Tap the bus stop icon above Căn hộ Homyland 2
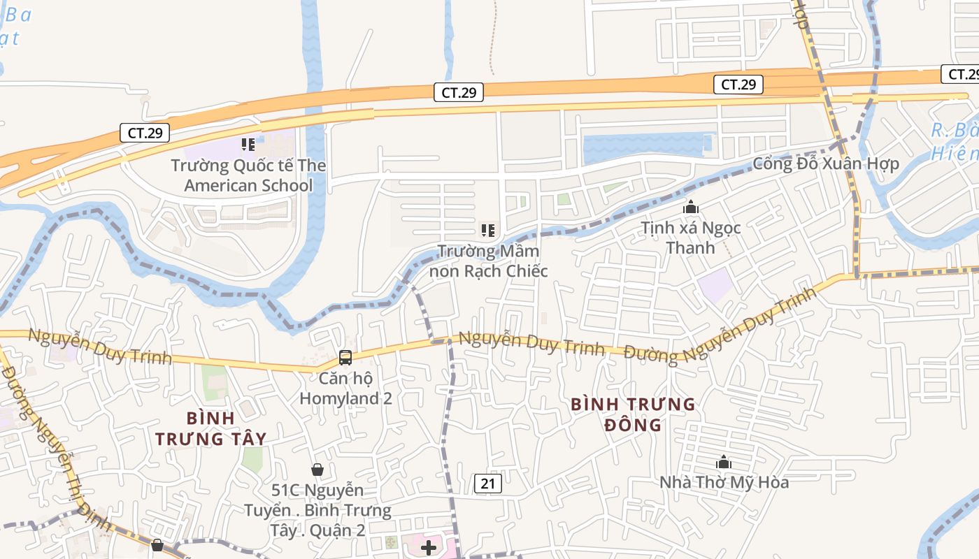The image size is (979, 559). [345, 357]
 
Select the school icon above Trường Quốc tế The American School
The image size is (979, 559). [248, 145]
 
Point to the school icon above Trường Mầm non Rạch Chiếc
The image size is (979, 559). [487, 230]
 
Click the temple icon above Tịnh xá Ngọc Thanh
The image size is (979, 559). [691, 207]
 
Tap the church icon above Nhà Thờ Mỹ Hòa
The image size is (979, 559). [724, 462]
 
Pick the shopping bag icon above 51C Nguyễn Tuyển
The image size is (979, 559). [317, 470]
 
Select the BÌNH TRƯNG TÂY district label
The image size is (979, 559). [210, 428]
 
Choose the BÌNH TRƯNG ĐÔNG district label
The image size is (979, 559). [633, 414]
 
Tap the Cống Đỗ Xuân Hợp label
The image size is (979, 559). [825, 164]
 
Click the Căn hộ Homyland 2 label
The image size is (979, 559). [345, 389]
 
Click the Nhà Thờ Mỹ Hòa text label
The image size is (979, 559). [724, 482]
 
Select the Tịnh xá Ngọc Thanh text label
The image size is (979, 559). [691, 238]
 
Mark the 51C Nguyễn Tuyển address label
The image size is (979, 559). [318, 510]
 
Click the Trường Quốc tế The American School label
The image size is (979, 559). [248, 175]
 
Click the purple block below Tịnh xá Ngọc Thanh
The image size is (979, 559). [715, 286]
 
